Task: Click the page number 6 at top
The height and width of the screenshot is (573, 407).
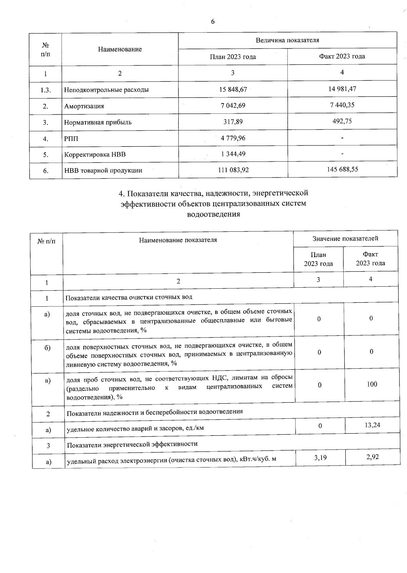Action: pyautogui.click(x=213, y=22)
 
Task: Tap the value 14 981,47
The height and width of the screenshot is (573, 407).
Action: pyautogui.click(x=342, y=89)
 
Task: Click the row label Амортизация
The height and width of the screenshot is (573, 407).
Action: pyautogui.click(x=84, y=106)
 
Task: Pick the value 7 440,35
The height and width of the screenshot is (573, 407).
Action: pyautogui.click(x=342, y=105)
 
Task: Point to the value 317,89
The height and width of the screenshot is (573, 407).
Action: pyautogui.click(x=233, y=121)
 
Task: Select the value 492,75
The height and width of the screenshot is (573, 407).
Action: pyautogui.click(x=342, y=121)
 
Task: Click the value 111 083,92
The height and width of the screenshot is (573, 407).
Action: pyautogui.click(x=233, y=170)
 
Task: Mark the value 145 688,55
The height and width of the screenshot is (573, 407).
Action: pyautogui.click(x=342, y=169)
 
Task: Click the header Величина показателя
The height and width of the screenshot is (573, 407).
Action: pyautogui.click(x=287, y=40)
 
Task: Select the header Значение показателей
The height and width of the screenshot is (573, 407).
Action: pyautogui.click(x=345, y=238)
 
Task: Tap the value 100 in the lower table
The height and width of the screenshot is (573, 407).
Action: pyautogui.click(x=372, y=384)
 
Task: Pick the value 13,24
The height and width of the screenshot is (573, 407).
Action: pyautogui.click(x=372, y=425)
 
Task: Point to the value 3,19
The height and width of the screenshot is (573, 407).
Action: pyautogui.click(x=320, y=458)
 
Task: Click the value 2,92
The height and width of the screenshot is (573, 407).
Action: pyautogui.click(x=372, y=457)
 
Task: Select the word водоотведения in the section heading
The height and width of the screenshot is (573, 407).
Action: pyautogui.click(x=214, y=214)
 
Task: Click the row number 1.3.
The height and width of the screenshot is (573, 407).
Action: pyautogui.click(x=45, y=90)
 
